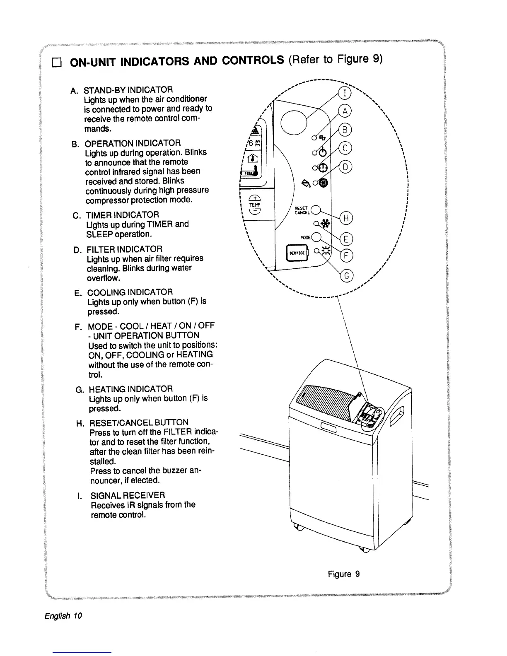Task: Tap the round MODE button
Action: click(316, 237)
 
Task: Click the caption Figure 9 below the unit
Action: click(344, 574)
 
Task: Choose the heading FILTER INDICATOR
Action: click(124, 249)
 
